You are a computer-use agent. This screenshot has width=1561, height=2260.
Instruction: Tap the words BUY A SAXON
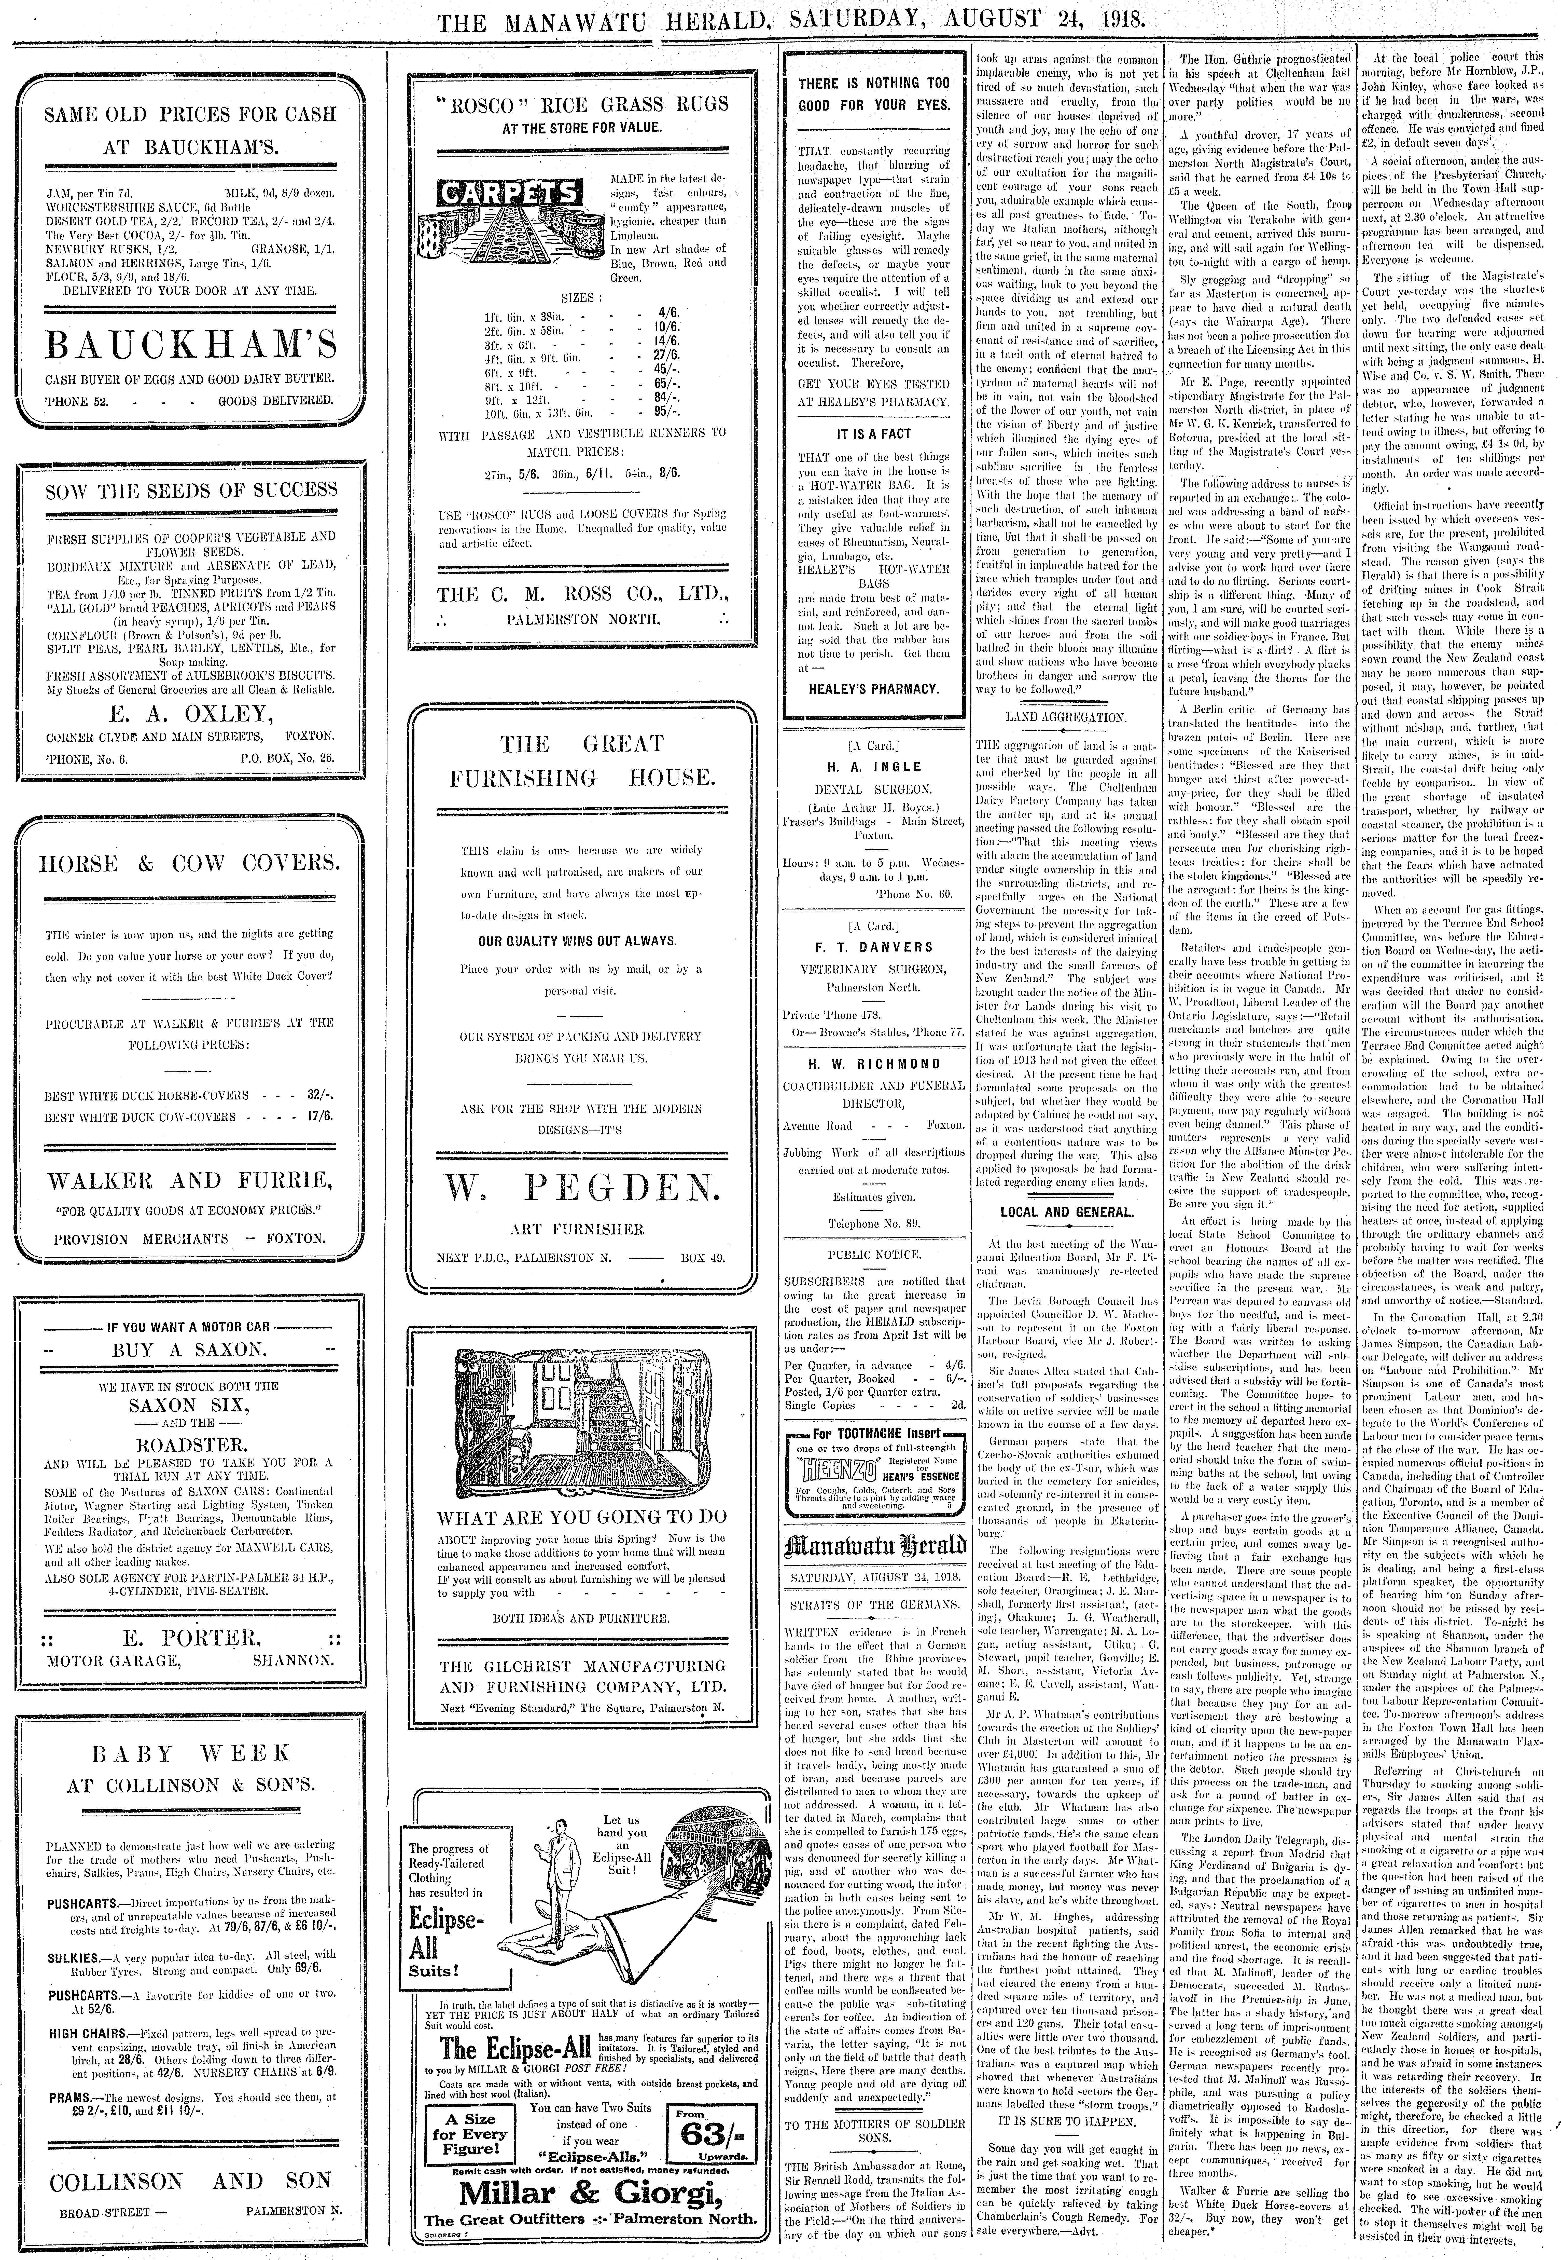click(191, 1349)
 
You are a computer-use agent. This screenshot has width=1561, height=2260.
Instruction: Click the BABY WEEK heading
click(191, 1752)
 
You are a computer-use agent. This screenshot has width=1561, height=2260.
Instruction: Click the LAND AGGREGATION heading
click(1065, 717)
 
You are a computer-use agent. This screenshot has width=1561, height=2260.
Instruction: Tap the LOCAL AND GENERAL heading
click(1065, 1212)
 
